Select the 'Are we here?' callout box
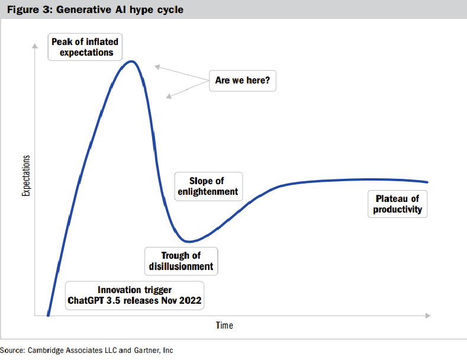tap(243, 80)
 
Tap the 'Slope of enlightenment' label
tap(207, 186)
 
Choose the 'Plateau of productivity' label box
tap(397, 204)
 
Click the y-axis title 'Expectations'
tap(25, 176)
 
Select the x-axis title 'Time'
tap(224, 326)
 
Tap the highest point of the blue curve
tap(133, 61)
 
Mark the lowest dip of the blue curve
tap(188, 242)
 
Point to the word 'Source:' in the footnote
tap(12, 350)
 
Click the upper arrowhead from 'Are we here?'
tap(156, 66)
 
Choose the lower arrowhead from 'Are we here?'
tap(168, 96)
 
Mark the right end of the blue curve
tap(427, 182)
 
